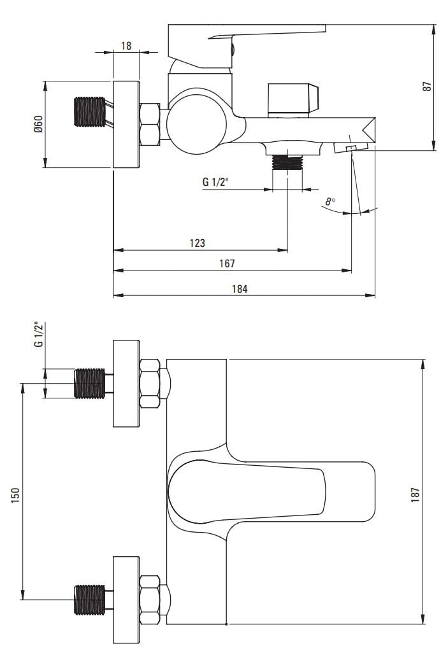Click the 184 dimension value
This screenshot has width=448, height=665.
[239, 288]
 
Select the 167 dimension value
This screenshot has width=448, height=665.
[227, 263]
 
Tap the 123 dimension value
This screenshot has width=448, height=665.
[197, 242]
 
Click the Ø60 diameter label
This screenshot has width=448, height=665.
[38, 123]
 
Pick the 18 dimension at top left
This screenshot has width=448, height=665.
[126, 46]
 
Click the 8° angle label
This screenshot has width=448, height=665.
[329, 202]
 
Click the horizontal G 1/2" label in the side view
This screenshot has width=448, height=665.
[215, 182]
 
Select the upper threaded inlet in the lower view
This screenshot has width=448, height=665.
[89, 384]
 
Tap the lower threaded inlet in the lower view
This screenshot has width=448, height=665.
[89, 599]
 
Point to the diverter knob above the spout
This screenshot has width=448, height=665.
[293, 100]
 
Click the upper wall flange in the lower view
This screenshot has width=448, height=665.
[126, 384]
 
